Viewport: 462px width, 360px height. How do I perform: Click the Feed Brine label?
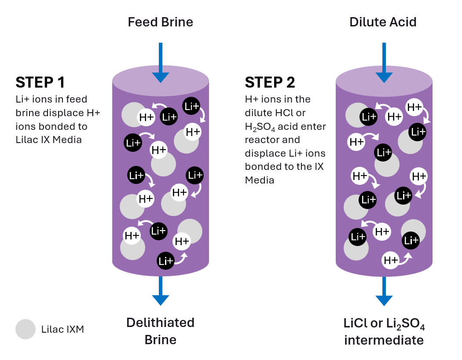[160, 22]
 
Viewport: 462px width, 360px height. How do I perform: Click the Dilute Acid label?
[383, 22]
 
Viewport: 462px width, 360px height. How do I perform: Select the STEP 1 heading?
[40, 82]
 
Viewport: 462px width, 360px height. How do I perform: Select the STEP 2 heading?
[270, 82]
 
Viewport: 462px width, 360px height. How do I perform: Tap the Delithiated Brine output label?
[160, 331]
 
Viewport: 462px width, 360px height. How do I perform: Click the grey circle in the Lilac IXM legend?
[26, 329]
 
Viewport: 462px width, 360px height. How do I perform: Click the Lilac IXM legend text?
[62, 329]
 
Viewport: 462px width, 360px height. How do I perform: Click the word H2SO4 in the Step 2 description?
[263, 127]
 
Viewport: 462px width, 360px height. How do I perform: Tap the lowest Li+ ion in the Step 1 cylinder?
[166, 261]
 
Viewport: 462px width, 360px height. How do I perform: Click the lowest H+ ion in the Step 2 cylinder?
[390, 261]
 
